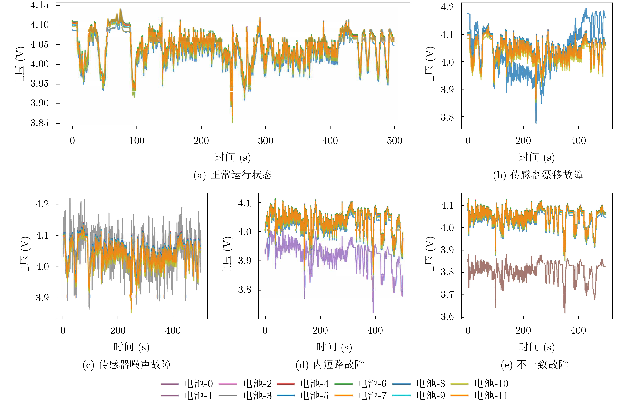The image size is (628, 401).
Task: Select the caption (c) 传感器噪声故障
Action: click(x=127, y=364)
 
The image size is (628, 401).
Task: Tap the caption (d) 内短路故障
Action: click(x=330, y=364)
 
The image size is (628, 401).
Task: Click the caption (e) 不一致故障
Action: click(x=535, y=364)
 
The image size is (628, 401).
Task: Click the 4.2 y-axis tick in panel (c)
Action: click(x=42, y=204)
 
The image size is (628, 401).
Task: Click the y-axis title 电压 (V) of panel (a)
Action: click(x=20, y=66)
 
